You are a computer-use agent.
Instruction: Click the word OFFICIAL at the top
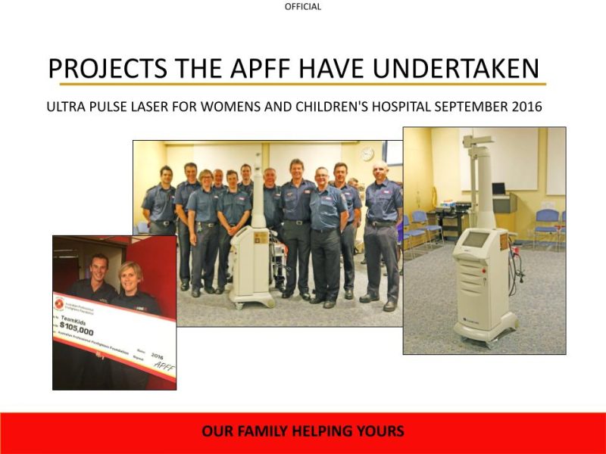click(x=303, y=7)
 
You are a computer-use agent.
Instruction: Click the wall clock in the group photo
click(x=367, y=154)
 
